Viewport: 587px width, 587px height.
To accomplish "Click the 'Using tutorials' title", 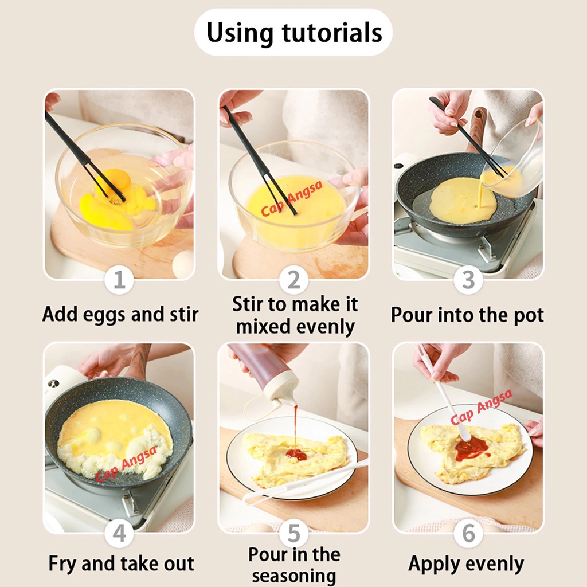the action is pyautogui.click(x=294, y=33).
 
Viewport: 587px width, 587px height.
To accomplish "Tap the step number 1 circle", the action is pyautogui.click(x=119, y=280).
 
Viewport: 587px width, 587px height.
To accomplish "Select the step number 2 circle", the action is pyautogui.click(x=294, y=280).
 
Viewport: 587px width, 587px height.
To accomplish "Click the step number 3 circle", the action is pyautogui.click(x=468, y=280).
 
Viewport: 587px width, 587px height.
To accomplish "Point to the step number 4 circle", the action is pyautogui.click(x=119, y=533).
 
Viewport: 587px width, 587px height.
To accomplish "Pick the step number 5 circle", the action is pyautogui.click(x=294, y=533).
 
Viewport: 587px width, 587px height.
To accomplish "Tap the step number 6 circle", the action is pyautogui.click(x=468, y=533).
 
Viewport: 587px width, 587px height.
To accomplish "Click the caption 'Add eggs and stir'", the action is pyautogui.click(x=120, y=315).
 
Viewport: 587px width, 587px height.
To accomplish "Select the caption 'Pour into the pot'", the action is pyautogui.click(x=467, y=315).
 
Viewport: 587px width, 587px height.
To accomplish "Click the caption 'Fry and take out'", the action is pyautogui.click(x=122, y=564).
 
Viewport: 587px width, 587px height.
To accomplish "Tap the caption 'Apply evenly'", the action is pyautogui.click(x=466, y=565).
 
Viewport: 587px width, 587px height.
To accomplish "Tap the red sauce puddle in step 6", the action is pyautogui.click(x=471, y=447).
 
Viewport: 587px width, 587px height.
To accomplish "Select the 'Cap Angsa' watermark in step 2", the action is pyautogui.click(x=291, y=198).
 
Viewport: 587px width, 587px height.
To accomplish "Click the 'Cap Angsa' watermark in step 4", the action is pyautogui.click(x=126, y=464).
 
